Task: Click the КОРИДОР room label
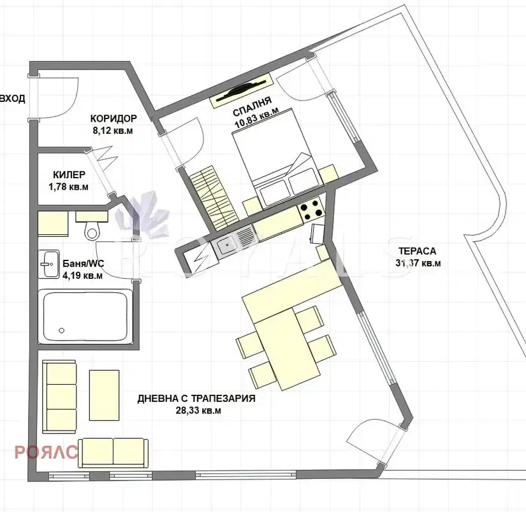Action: click(x=113, y=118)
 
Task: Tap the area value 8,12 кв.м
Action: click(x=113, y=131)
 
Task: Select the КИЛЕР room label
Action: click(x=69, y=174)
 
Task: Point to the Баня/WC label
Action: click(x=83, y=264)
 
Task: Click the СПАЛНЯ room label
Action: click(x=252, y=106)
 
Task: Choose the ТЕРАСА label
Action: click(x=418, y=251)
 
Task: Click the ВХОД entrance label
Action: click(x=12, y=99)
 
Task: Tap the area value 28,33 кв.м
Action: click(x=198, y=410)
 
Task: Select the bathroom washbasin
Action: click(x=48, y=264)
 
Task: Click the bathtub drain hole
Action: click(x=61, y=331)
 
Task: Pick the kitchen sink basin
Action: click(x=226, y=246)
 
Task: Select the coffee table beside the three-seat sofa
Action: click(x=105, y=395)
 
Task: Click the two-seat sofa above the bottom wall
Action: click(x=113, y=453)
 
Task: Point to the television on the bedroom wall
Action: click(x=241, y=89)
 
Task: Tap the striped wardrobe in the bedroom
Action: click(x=213, y=197)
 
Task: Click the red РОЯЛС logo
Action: click(x=46, y=452)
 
